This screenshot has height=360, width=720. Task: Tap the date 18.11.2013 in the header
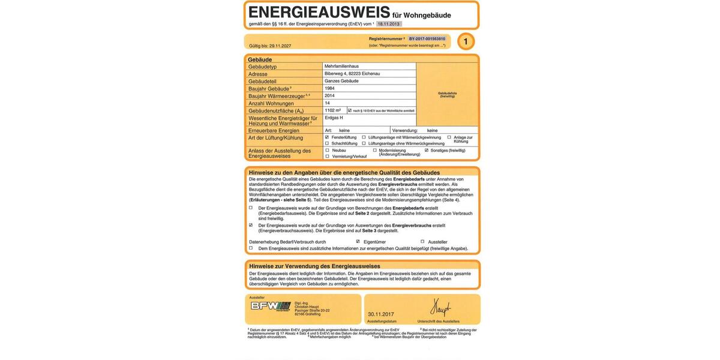(389, 24)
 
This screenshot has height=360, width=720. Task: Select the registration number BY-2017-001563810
(427, 38)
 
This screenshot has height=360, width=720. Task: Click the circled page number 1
(466, 41)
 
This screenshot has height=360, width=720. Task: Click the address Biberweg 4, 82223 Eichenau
(352, 73)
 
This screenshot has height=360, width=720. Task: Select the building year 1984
(329, 88)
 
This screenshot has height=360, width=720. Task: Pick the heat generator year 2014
(329, 95)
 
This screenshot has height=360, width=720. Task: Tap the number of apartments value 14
(327, 103)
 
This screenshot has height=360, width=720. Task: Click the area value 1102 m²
(332, 110)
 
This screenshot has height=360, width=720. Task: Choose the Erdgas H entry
(334, 118)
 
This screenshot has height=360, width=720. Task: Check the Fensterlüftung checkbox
(327, 137)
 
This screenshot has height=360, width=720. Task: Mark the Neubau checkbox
(327, 150)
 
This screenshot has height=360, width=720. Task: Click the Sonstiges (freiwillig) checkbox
(426, 150)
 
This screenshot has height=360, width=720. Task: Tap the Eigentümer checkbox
(358, 242)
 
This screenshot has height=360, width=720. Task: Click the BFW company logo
(271, 306)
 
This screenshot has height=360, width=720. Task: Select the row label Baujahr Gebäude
(269, 88)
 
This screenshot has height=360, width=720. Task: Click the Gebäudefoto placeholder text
(447, 94)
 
